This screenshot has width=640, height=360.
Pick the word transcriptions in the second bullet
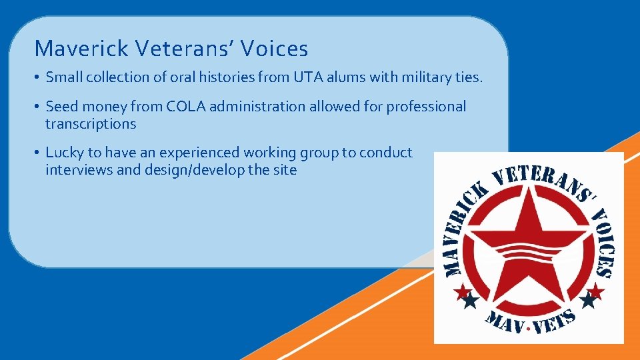pyautogui.click(x=91, y=124)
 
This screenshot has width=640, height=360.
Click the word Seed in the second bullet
pyautogui.click(x=61, y=107)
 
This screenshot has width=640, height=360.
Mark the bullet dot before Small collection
pyautogui.click(x=37, y=78)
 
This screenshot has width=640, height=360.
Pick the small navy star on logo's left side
pyautogui.click(x=471, y=301)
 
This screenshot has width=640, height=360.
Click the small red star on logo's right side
pyautogui.click(x=596, y=291)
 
